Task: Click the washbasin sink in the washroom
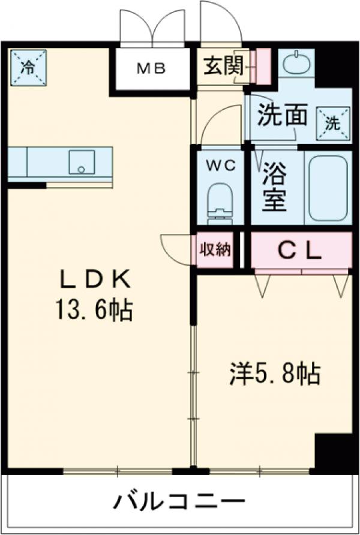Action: [297, 62]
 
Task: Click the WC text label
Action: [217, 164]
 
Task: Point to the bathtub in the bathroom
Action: [326, 187]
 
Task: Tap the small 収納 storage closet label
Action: [215, 249]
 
